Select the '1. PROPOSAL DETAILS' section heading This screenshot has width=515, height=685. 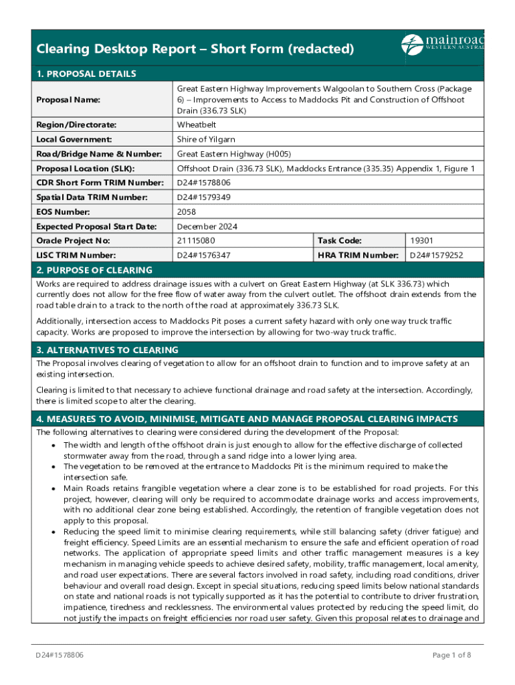click(86, 74)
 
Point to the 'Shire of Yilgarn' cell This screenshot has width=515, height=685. click(206, 139)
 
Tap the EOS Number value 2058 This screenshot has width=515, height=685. click(187, 212)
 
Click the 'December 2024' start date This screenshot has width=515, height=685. click(206, 227)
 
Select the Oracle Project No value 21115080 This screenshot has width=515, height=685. click(196, 241)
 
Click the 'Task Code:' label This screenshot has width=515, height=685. click(339, 241)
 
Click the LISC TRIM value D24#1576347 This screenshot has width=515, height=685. click(204, 255)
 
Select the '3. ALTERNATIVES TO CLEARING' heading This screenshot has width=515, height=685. click(107, 350)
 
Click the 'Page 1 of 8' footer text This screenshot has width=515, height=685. click(452, 655)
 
